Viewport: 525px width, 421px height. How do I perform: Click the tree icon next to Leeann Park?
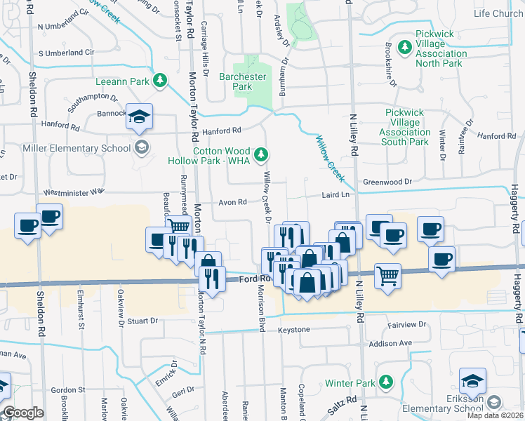(x=161, y=81)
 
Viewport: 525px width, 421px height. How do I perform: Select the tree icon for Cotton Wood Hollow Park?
(x=261, y=153)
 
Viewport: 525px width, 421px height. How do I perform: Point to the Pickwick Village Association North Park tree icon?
(x=404, y=48)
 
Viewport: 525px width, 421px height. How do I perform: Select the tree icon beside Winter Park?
(x=385, y=382)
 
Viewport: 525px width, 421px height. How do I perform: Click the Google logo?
(x=24, y=413)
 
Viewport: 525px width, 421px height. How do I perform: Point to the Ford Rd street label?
(x=249, y=279)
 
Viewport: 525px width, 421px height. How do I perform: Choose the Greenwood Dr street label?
(x=387, y=181)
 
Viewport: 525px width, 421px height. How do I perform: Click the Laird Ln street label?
(x=335, y=194)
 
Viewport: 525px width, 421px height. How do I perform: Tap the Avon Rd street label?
(x=232, y=202)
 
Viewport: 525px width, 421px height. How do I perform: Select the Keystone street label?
(x=293, y=329)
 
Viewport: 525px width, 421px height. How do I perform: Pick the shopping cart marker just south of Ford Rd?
(x=387, y=275)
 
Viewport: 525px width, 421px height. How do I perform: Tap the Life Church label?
(x=498, y=14)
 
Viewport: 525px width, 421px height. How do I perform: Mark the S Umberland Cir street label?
(x=67, y=53)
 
